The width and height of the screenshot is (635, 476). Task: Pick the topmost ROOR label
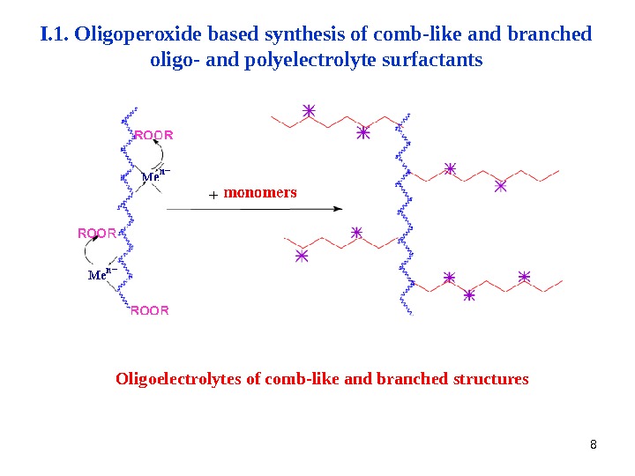pos(153,136)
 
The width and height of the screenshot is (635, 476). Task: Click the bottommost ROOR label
pos(149,310)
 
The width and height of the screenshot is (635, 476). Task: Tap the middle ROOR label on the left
pos(97,234)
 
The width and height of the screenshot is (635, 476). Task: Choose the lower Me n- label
pos(102,274)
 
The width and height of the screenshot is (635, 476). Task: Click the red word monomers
pos(260,192)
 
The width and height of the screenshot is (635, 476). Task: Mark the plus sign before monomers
pos(213,194)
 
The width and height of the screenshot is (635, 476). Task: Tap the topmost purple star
pos(309,111)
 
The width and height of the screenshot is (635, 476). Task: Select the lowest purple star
pos(469,296)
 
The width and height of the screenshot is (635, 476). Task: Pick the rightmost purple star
pos(525,277)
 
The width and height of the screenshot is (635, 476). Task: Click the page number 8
pos(594,443)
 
